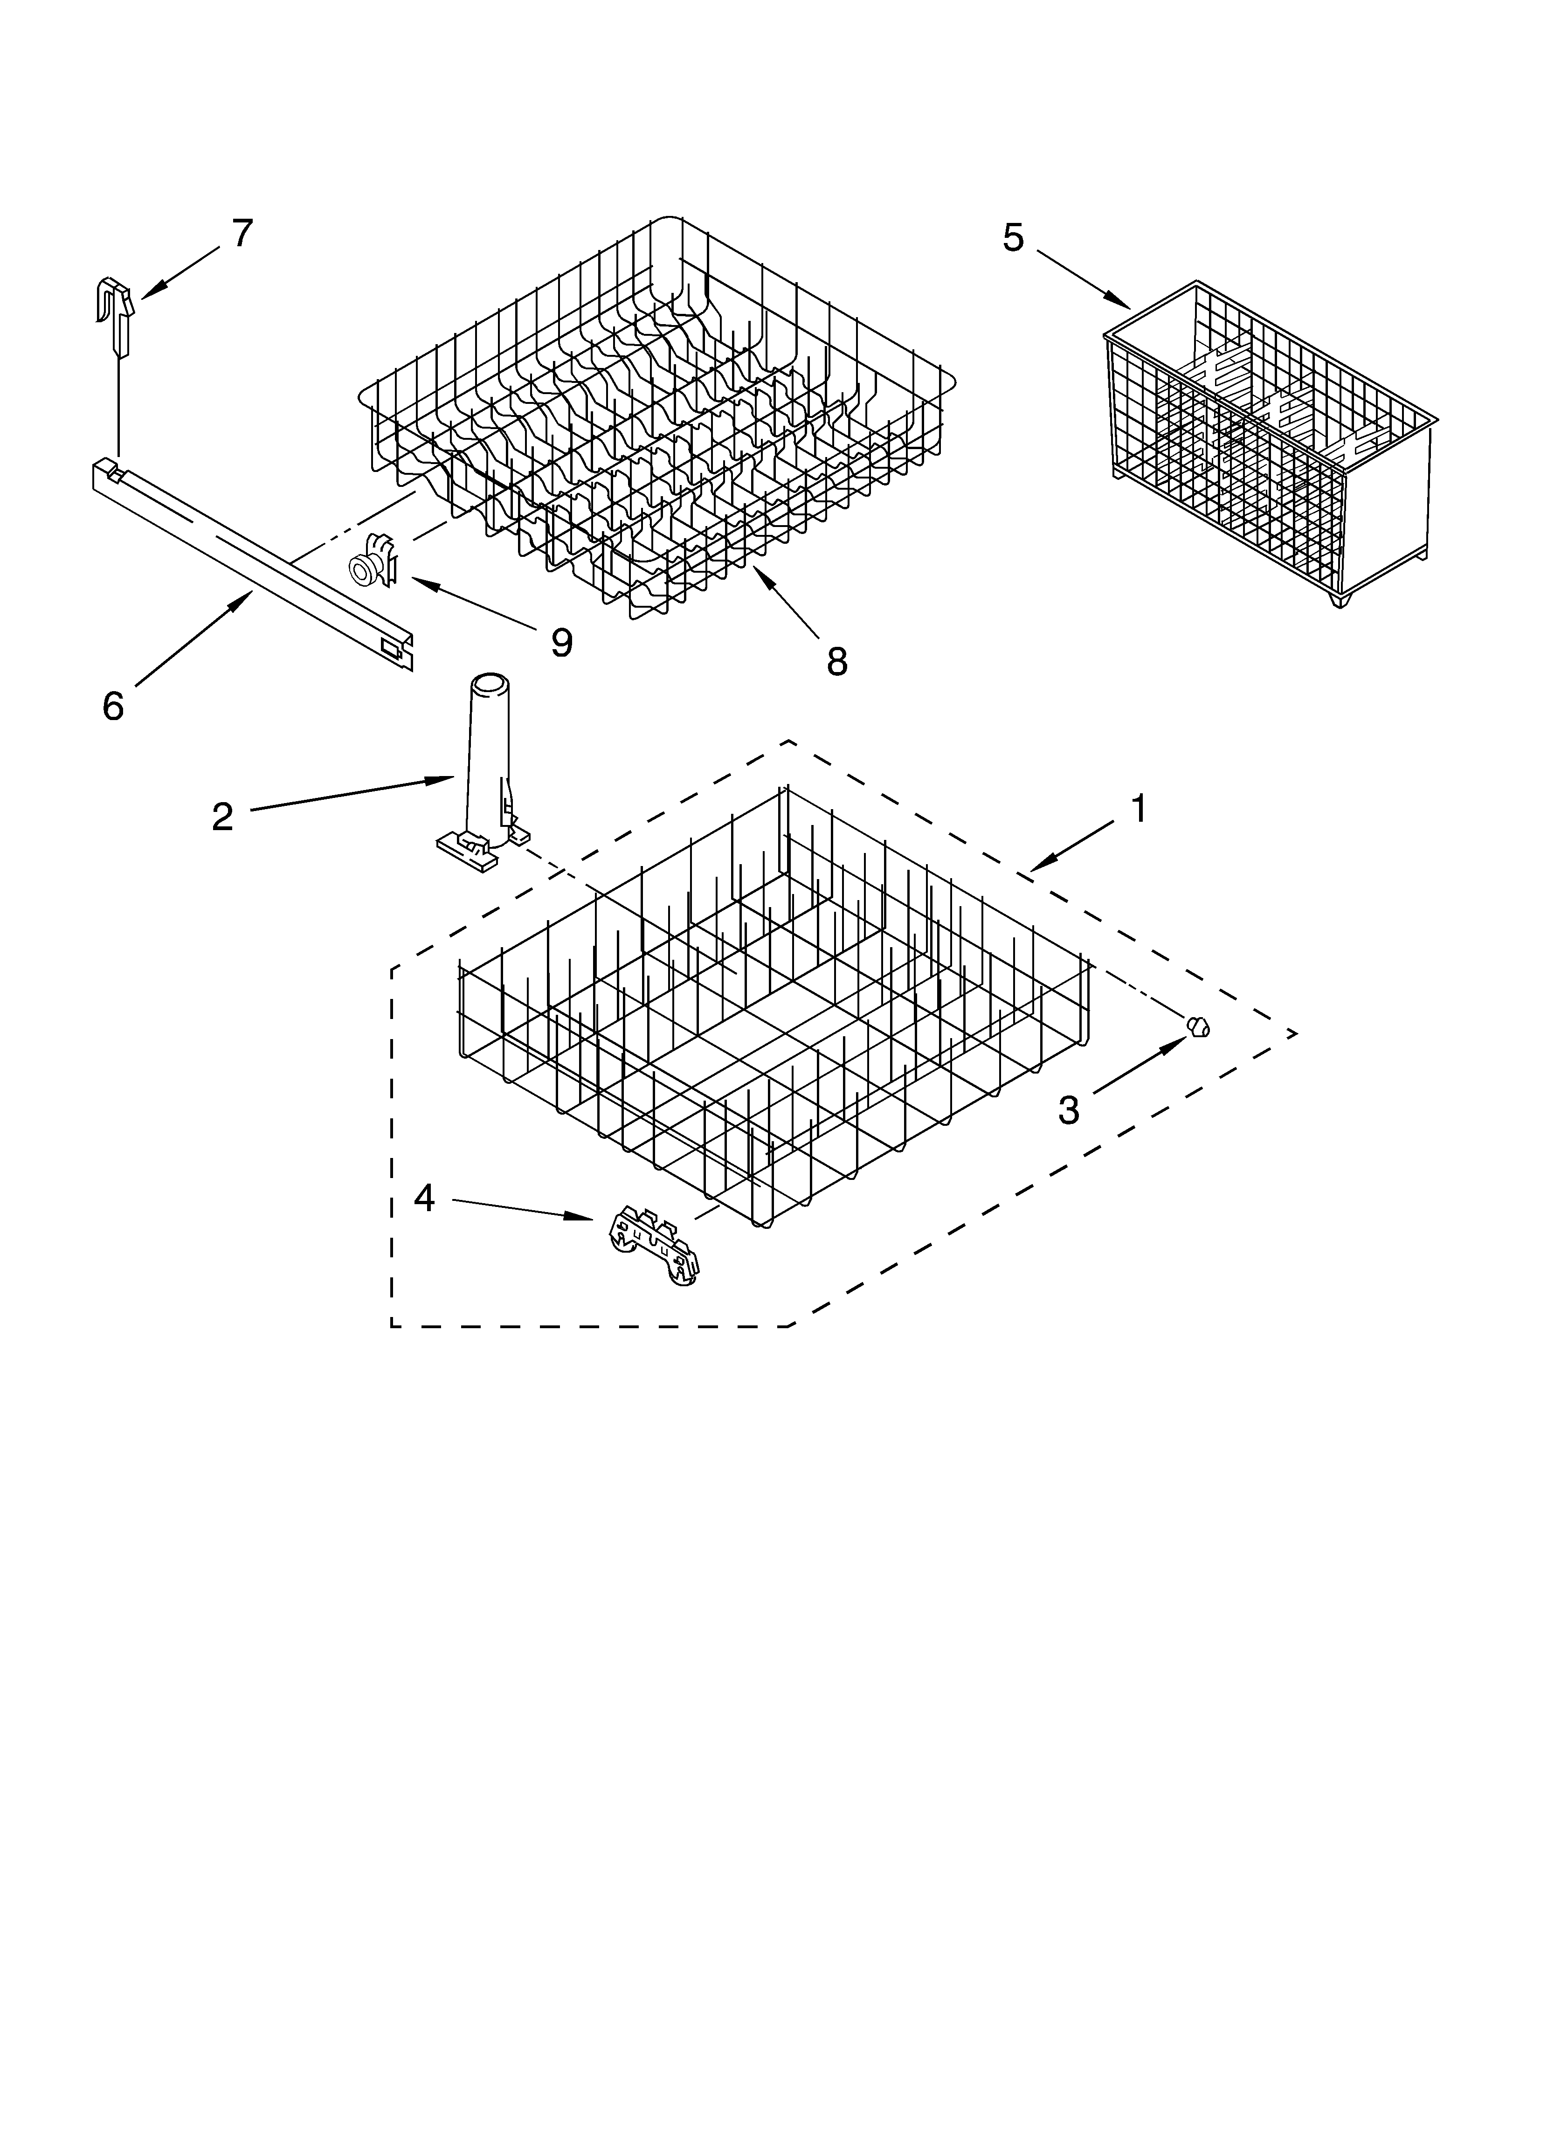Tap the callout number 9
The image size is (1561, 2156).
pyautogui.click(x=562, y=644)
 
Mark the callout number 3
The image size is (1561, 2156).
pyautogui.click(x=1070, y=1109)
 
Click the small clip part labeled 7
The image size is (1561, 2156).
pyautogui.click(x=115, y=309)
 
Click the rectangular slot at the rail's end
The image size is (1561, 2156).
pyautogui.click(x=390, y=646)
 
